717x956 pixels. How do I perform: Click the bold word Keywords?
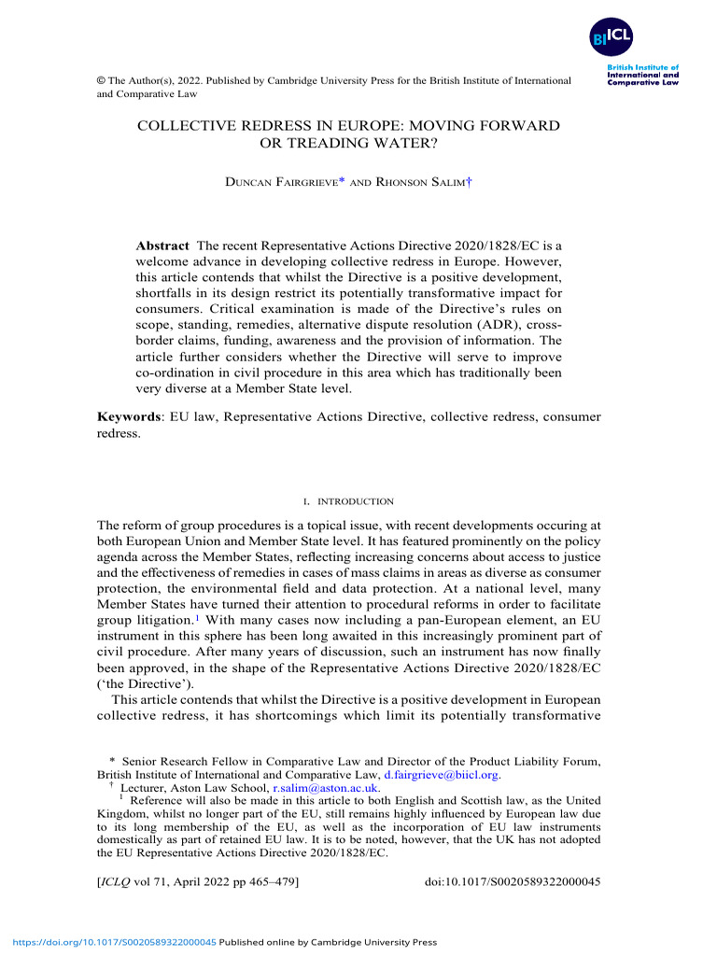(x=129, y=416)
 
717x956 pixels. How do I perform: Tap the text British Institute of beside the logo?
(x=642, y=67)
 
